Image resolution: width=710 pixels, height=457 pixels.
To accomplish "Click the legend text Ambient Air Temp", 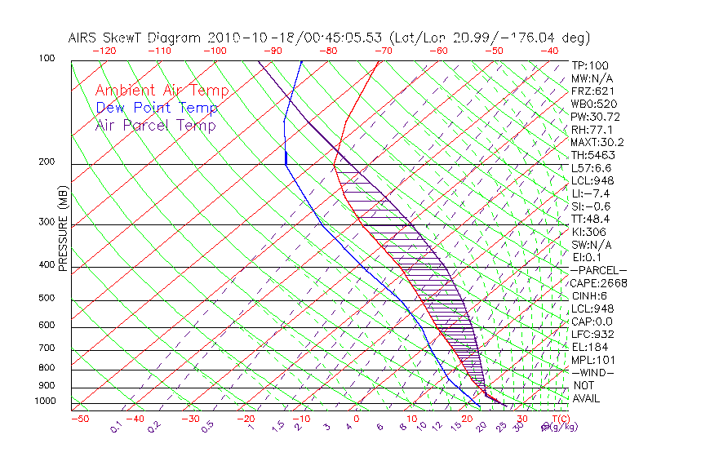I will pos(162,91).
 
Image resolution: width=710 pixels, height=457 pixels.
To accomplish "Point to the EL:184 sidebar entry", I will pos(588,347).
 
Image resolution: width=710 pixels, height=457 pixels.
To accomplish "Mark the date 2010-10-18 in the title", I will pos(247,38).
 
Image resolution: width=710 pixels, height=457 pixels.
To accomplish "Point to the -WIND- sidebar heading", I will pos(593,372).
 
